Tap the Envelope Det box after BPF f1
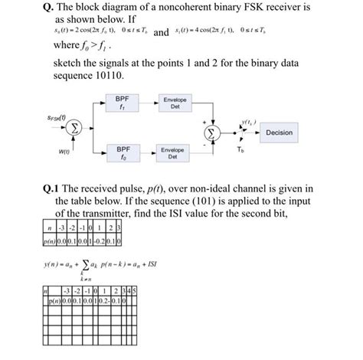point(172,103)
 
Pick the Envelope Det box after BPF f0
point(172,152)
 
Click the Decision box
point(279,133)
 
